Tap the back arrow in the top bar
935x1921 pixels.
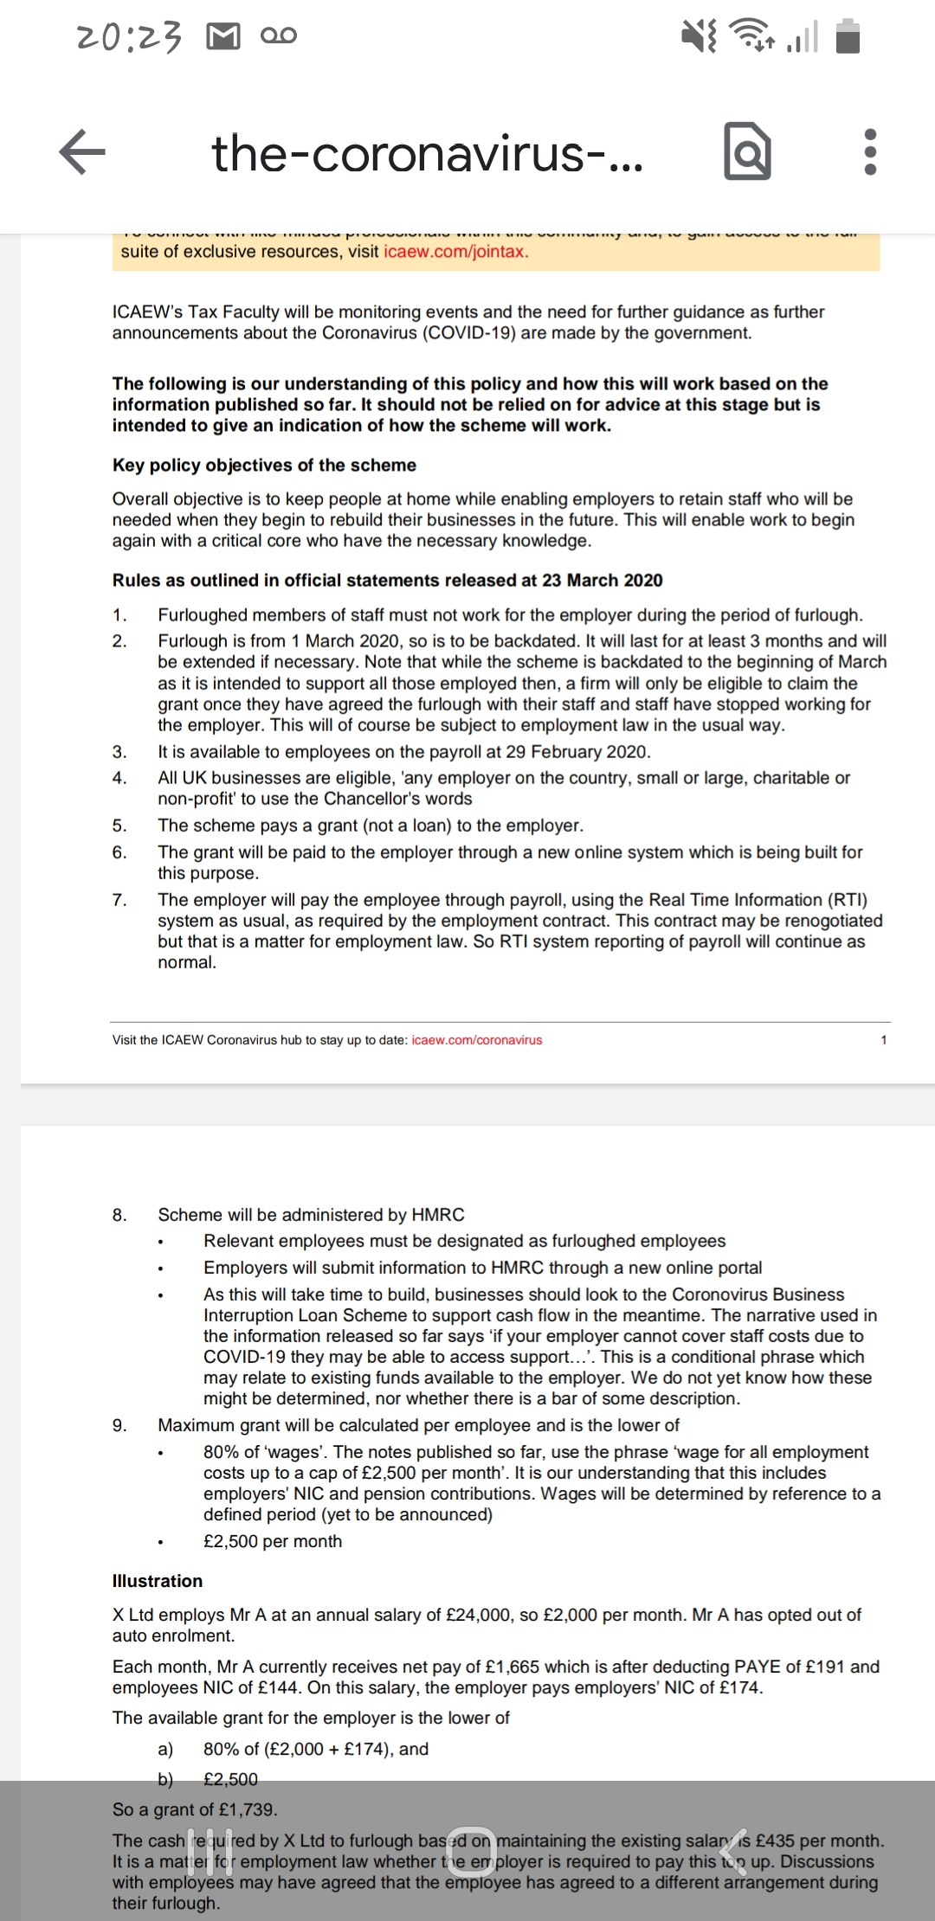[x=82, y=151]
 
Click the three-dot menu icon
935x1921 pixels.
[x=870, y=152]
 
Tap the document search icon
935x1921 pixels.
[x=746, y=152]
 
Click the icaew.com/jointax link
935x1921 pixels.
[x=455, y=252]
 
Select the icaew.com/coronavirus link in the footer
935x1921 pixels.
[x=477, y=1040]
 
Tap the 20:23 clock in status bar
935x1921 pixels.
[x=130, y=36]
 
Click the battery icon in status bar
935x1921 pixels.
[x=848, y=36]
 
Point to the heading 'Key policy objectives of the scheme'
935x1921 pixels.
[x=264, y=466]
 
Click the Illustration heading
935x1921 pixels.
[x=158, y=1581]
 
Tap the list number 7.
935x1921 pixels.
[x=119, y=900]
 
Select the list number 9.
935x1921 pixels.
[x=119, y=1425]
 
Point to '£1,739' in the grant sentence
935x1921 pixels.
[x=248, y=1809]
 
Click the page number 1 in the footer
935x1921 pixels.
[x=884, y=1040]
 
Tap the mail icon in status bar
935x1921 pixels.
[x=223, y=36]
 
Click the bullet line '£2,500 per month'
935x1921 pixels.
[x=273, y=1541]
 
